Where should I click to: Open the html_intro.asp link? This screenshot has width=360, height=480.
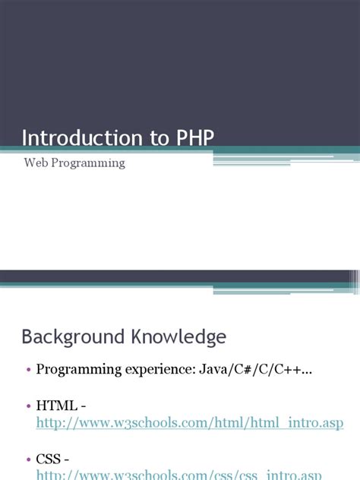coord(190,422)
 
